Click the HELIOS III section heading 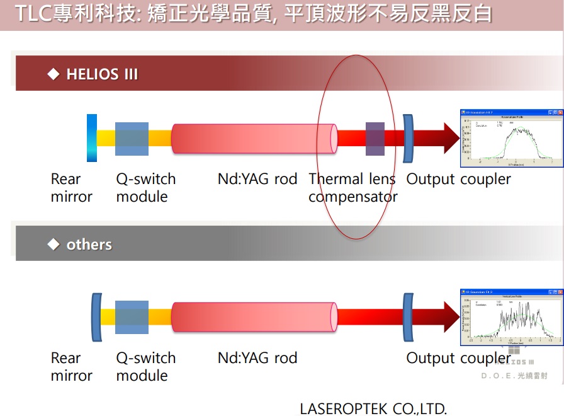[101, 74]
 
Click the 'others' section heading [89, 245]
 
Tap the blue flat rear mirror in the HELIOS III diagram [92, 138]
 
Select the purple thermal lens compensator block [375, 139]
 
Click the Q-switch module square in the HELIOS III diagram [132, 139]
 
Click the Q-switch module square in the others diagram [132, 317]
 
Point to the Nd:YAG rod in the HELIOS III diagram [253, 139]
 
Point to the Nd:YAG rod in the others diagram [253, 317]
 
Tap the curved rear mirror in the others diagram [96, 317]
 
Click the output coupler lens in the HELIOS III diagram [407, 139]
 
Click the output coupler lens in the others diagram [407, 317]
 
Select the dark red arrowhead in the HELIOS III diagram [451, 138]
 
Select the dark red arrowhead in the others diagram [451, 317]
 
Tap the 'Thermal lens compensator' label [352, 188]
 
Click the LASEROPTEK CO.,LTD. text [373, 408]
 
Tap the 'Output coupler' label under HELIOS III [458, 179]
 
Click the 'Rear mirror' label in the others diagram [71, 367]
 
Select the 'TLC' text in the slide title [33, 14]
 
